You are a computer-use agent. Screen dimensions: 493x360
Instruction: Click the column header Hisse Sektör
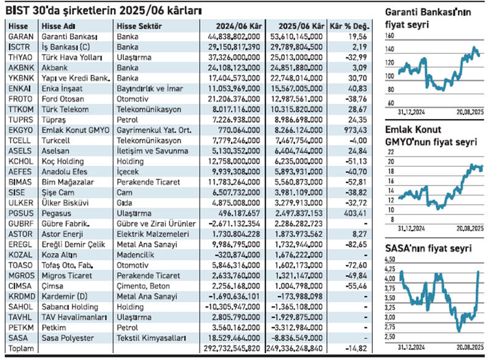[x=139, y=26]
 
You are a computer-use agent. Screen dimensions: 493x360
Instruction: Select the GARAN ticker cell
[x=21, y=37]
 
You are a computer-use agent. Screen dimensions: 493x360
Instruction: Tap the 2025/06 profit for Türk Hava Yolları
[x=296, y=57]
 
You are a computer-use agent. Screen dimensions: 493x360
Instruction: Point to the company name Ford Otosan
[x=63, y=99]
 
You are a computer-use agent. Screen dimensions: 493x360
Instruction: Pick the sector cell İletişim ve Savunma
[x=152, y=151]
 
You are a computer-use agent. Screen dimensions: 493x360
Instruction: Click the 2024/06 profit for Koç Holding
[x=234, y=162]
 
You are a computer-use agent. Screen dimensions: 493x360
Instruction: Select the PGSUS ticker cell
[x=21, y=213]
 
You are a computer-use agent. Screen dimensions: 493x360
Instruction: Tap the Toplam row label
[x=21, y=348]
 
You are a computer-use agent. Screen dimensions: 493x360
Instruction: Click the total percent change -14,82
[x=356, y=348]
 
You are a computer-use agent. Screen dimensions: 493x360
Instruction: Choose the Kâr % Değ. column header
[x=349, y=26]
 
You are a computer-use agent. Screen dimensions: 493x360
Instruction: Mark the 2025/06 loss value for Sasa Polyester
[x=296, y=338]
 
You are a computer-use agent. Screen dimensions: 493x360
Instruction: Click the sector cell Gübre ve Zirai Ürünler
[x=157, y=224]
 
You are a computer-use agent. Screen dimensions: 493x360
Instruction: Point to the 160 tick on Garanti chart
[x=389, y=36]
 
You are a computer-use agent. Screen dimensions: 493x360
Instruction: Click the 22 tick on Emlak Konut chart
[x=391, y=152]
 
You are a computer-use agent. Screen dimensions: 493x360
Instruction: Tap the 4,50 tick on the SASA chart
[x=390, y=260]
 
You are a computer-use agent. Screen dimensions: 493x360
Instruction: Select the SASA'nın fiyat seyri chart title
[x=428, y=248]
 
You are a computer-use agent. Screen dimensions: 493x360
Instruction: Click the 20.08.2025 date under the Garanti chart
[x=470, y=112]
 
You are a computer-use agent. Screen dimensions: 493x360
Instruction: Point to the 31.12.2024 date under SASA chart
[x=411, y=348]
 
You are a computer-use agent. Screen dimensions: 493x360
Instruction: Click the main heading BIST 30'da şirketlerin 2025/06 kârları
[x=104, y=10]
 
